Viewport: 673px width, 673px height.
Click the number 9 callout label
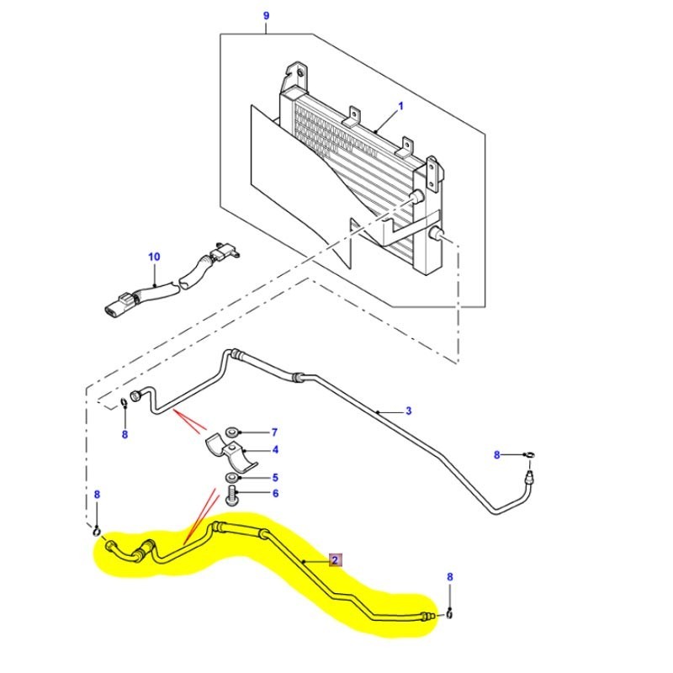(x=266, y=16)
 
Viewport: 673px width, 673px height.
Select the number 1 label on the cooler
(x=401, y=106)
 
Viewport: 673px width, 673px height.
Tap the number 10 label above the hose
(x=153, y=256)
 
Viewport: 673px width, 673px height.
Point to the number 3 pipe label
(x=408, y=411)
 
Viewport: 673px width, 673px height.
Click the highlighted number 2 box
(x=334, y=559)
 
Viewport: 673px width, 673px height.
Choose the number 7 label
(x=273, y=432)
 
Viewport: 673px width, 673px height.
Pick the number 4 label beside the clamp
(x=273, y=451)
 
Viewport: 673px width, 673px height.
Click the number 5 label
(x=273, y=478)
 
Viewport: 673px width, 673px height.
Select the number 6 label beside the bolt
(x=273, y=494)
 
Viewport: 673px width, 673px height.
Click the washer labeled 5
(x=231, y=479)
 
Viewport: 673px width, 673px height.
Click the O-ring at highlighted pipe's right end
(x=449, y=612)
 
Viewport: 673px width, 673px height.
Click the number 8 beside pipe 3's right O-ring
(x=497, y=454)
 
